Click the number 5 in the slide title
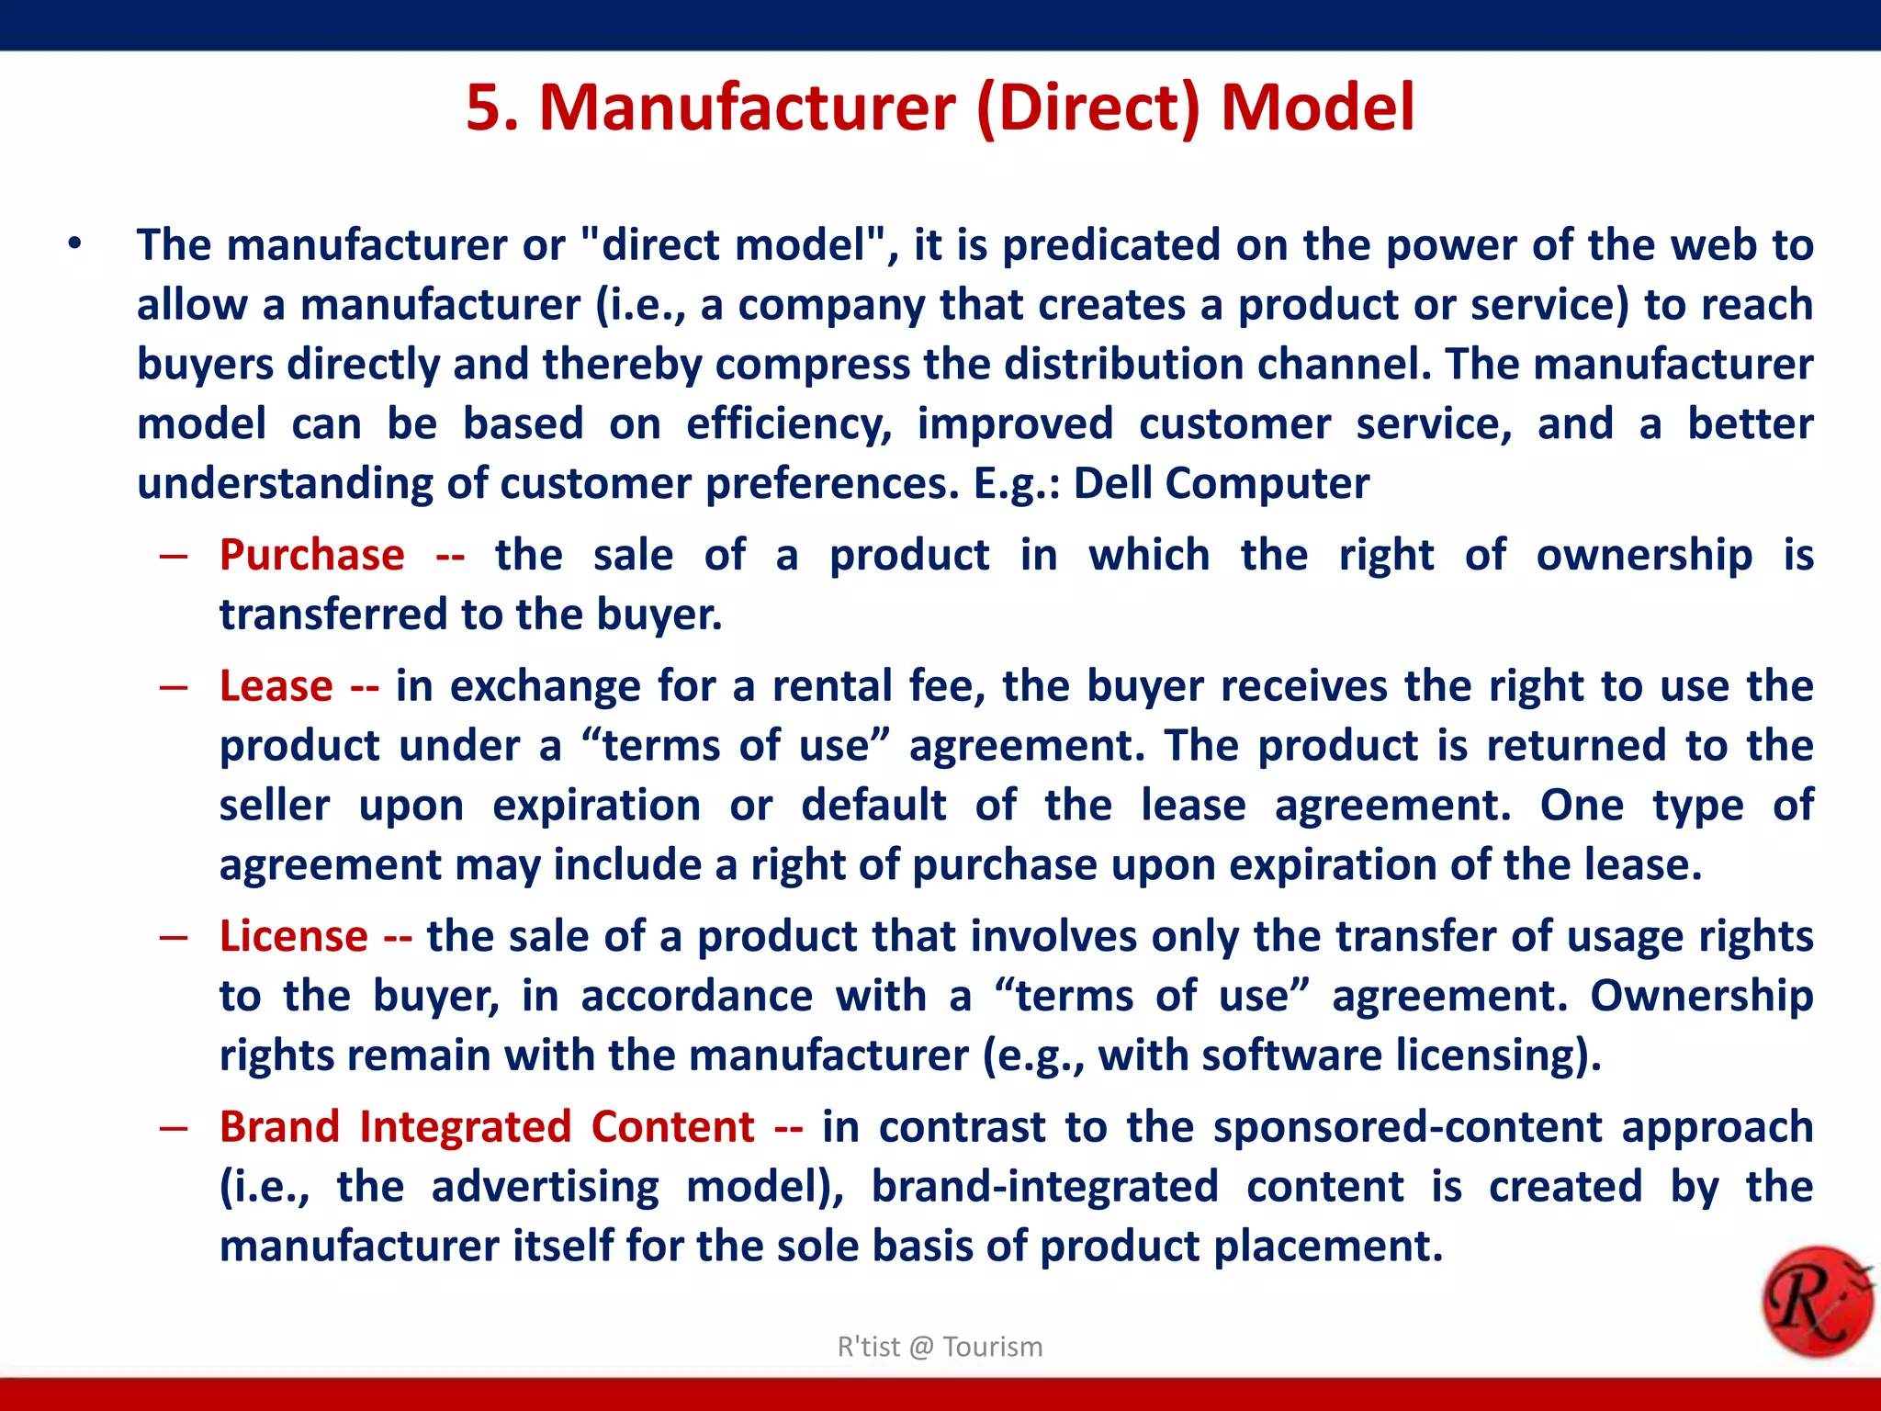point(484,108)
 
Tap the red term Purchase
point(312,555)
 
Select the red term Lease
point(276,686)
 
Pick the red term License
point(294,936)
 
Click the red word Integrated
point(466,1127)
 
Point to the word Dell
point(1112,483)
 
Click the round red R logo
point(1818,1303)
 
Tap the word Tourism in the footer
point(992,1347)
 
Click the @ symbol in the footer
point(921,1348)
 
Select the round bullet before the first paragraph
point(74,244)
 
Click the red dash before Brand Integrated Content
point(174,1128)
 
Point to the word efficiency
point(789,424)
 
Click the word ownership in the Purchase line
point(1644,555)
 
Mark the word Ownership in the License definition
point(1701,996)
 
